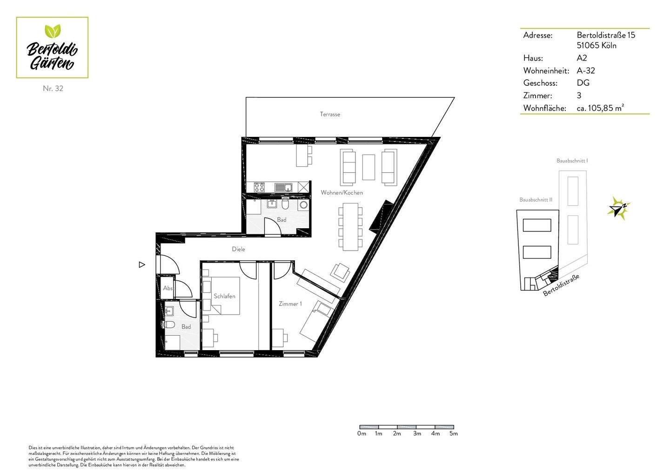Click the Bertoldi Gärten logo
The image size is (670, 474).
tap(52, 47)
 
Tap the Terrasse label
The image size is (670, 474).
tap(330, 114)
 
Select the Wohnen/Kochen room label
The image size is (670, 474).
tap(342, 192)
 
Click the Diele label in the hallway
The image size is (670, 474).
tap(238, 249)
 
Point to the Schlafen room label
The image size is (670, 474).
tap(224, 296)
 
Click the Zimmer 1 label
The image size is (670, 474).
tap(290, 304)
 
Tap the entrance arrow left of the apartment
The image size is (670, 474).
tap(142, 265)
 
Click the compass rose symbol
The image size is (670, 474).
tap(619, 208)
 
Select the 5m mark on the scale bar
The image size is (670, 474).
tap(453, 433)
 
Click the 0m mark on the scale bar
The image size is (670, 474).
tap(362, 433)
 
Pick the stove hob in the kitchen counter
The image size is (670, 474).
tap(259, 187)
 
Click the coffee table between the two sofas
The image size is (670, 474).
tap(368, 167)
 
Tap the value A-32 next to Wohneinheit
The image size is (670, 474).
tap(586, 71)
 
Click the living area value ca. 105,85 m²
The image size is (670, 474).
tap(600, 108)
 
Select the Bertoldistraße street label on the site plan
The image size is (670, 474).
tap(561, 285)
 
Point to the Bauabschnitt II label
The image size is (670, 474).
tap(536, 200)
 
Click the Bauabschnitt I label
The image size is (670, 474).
tap(572, 161)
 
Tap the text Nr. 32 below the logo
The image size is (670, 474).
tap(53, 88)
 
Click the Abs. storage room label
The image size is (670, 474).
tap(167, 288)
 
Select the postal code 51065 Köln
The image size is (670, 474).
tap(596, 46)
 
